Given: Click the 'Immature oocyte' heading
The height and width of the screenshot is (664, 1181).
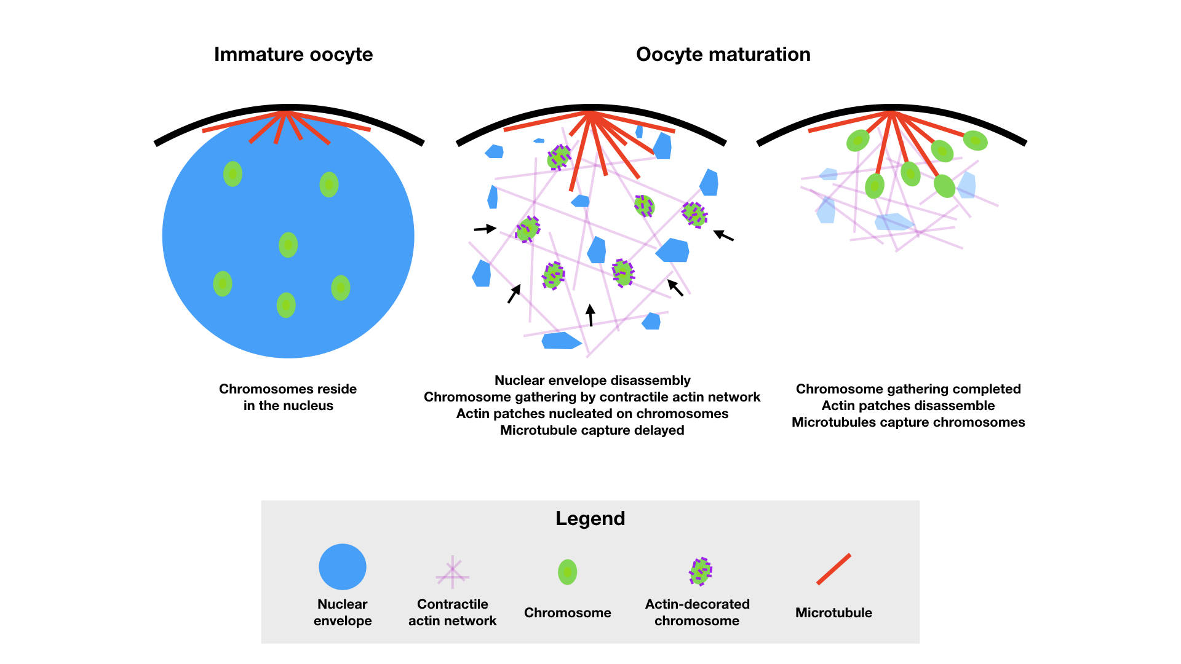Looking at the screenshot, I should click(x=293, y=55).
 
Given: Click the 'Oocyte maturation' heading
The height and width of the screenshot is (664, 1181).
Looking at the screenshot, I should click(x=723, y=55).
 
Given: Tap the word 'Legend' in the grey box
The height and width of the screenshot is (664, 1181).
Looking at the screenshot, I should click(x=590, y=518).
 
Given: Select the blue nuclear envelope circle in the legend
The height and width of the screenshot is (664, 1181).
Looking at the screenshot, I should click(x=343, y=567).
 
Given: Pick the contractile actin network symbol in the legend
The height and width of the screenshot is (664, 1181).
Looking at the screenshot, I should click(x=452, y=572).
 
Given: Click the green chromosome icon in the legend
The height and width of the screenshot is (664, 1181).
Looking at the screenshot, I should click(x=567, y=572).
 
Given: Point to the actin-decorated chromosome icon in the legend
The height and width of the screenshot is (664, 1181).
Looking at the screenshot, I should click(x=700, y=571).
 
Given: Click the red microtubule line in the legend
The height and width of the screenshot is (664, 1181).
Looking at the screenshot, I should click(x=833, y=569).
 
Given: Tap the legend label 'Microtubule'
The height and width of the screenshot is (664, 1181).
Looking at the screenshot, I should click(x=833, y=612).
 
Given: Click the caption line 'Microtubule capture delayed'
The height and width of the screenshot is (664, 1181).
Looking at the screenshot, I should click(x=592, y=430).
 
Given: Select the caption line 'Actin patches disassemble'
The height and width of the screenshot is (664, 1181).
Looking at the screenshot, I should click(x=908, y=406).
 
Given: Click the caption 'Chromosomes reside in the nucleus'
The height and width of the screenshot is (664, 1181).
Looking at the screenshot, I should click(x=288, y=397).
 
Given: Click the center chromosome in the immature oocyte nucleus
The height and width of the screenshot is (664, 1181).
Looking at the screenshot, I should click(x=288, y=245).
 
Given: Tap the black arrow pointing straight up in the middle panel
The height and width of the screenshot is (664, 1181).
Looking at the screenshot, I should click(x=590, y=315).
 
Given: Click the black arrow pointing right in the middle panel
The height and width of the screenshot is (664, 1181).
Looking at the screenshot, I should click(x=485, y=229).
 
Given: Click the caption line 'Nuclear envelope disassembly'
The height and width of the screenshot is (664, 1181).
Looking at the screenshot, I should click(x=592, y=381).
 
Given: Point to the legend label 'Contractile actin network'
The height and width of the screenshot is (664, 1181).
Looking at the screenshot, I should click(x=452, y=612).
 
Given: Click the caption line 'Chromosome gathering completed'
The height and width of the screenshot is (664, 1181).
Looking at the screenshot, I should click(x=908, y=389).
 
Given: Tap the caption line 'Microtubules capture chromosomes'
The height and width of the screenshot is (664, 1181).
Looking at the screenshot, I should click(x=908, y=422).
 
